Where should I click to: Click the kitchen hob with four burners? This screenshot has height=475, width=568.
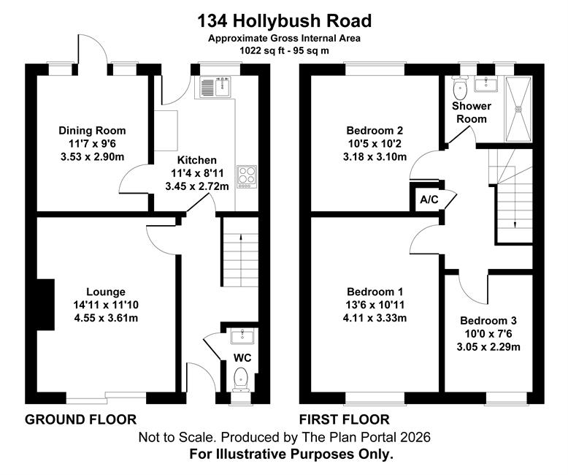click(247, 177)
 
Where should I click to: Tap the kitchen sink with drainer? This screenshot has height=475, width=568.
click(215, 88)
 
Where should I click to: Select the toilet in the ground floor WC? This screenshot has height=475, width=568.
click(241, 379)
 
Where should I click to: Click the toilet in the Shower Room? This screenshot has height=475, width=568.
click(460, 88)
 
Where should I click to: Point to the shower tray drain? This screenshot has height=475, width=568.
click(519, 108)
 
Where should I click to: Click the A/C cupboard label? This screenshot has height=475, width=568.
click(429, 199)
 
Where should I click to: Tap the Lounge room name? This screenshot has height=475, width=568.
click(106, 292)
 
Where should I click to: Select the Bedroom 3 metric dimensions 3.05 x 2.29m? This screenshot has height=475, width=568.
click(488, 347)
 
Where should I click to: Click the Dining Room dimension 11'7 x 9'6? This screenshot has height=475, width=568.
click(92, 143)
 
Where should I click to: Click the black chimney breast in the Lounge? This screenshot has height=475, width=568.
click(46, 305)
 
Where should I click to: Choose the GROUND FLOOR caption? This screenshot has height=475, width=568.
click(80, 419)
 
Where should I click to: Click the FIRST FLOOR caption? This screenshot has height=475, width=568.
click(344, 419)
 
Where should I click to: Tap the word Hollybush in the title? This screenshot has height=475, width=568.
click(277, 21)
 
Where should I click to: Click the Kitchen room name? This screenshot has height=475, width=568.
click(196, 160)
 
